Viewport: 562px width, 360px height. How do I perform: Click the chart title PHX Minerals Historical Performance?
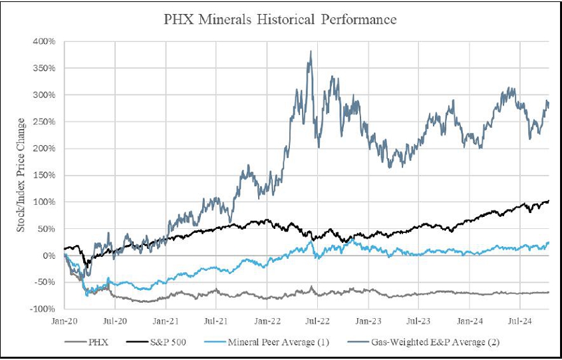coord(280,19)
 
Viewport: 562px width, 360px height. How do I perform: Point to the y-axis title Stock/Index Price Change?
coord(21,175)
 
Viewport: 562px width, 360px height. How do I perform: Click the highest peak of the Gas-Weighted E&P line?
coord(310,51)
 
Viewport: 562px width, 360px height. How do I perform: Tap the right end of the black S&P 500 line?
coord(549,201)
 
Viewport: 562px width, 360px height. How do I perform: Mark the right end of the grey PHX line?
coord(549,292)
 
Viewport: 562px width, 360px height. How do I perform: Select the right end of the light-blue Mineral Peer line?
coord(549,243)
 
